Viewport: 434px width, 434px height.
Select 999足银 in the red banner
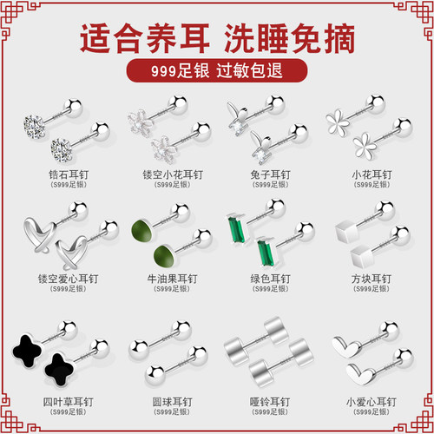coord(172,69)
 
